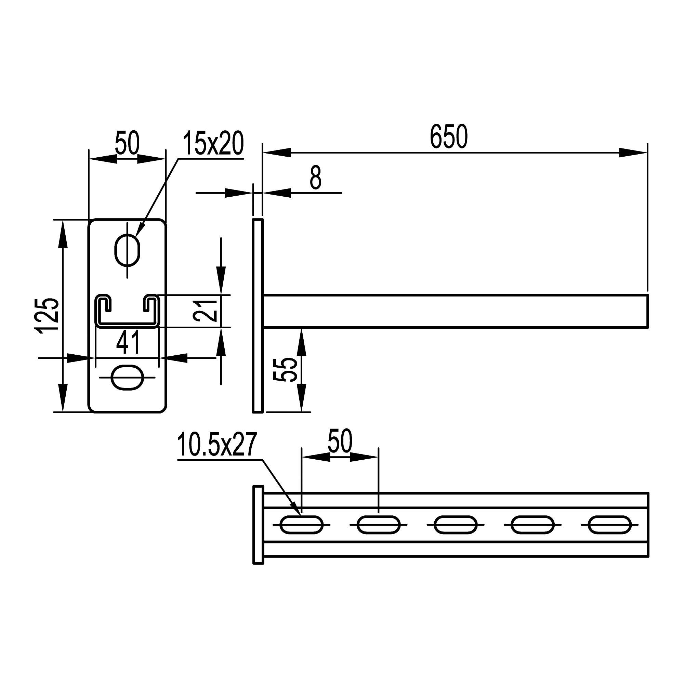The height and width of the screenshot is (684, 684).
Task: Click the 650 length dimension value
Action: coord(449,137)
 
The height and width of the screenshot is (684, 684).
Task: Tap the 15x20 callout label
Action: coord(213,143)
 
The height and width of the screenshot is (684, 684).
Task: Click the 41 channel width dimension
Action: coord(128,343)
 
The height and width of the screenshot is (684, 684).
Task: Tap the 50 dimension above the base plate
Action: coord(127,143)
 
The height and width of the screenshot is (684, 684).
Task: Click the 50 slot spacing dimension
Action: coord(340,441)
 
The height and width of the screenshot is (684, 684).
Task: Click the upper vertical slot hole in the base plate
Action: coord(128,250)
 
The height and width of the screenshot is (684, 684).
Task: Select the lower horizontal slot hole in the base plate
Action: coord(128,378)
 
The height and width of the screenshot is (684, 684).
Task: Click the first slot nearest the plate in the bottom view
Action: coord(301,524)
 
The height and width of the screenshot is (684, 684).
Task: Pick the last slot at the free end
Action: coord(609,524)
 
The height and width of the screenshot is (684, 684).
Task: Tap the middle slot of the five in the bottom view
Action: coord(455,524)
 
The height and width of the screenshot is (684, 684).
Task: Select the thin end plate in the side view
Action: coord(258,316)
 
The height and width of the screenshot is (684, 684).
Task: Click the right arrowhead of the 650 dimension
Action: coord(634,153)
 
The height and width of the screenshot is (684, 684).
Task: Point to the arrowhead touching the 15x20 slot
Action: coord(140,232)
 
